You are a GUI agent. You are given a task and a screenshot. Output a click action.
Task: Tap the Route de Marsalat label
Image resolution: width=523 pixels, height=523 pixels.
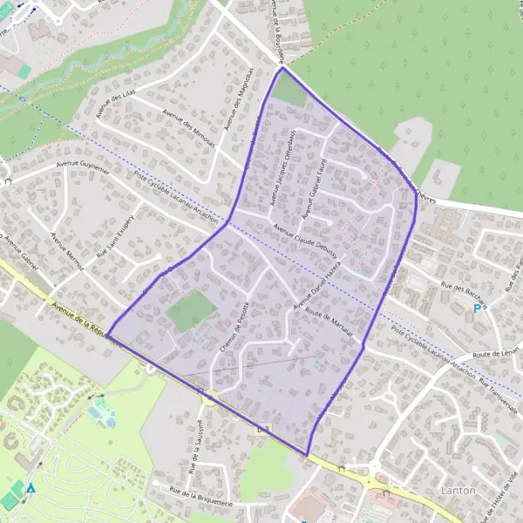(x=328, y=323)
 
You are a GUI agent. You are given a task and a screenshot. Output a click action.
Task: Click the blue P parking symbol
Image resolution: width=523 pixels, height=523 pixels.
(x=476, y=309)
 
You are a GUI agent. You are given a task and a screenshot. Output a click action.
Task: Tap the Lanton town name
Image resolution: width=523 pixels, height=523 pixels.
(x=458, y=491)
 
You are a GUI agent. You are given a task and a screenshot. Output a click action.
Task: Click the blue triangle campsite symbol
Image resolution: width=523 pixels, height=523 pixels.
(x=31, y=488)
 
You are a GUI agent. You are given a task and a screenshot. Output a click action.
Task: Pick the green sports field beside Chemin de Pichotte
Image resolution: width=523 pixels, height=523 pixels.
(x=191, y=310)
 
